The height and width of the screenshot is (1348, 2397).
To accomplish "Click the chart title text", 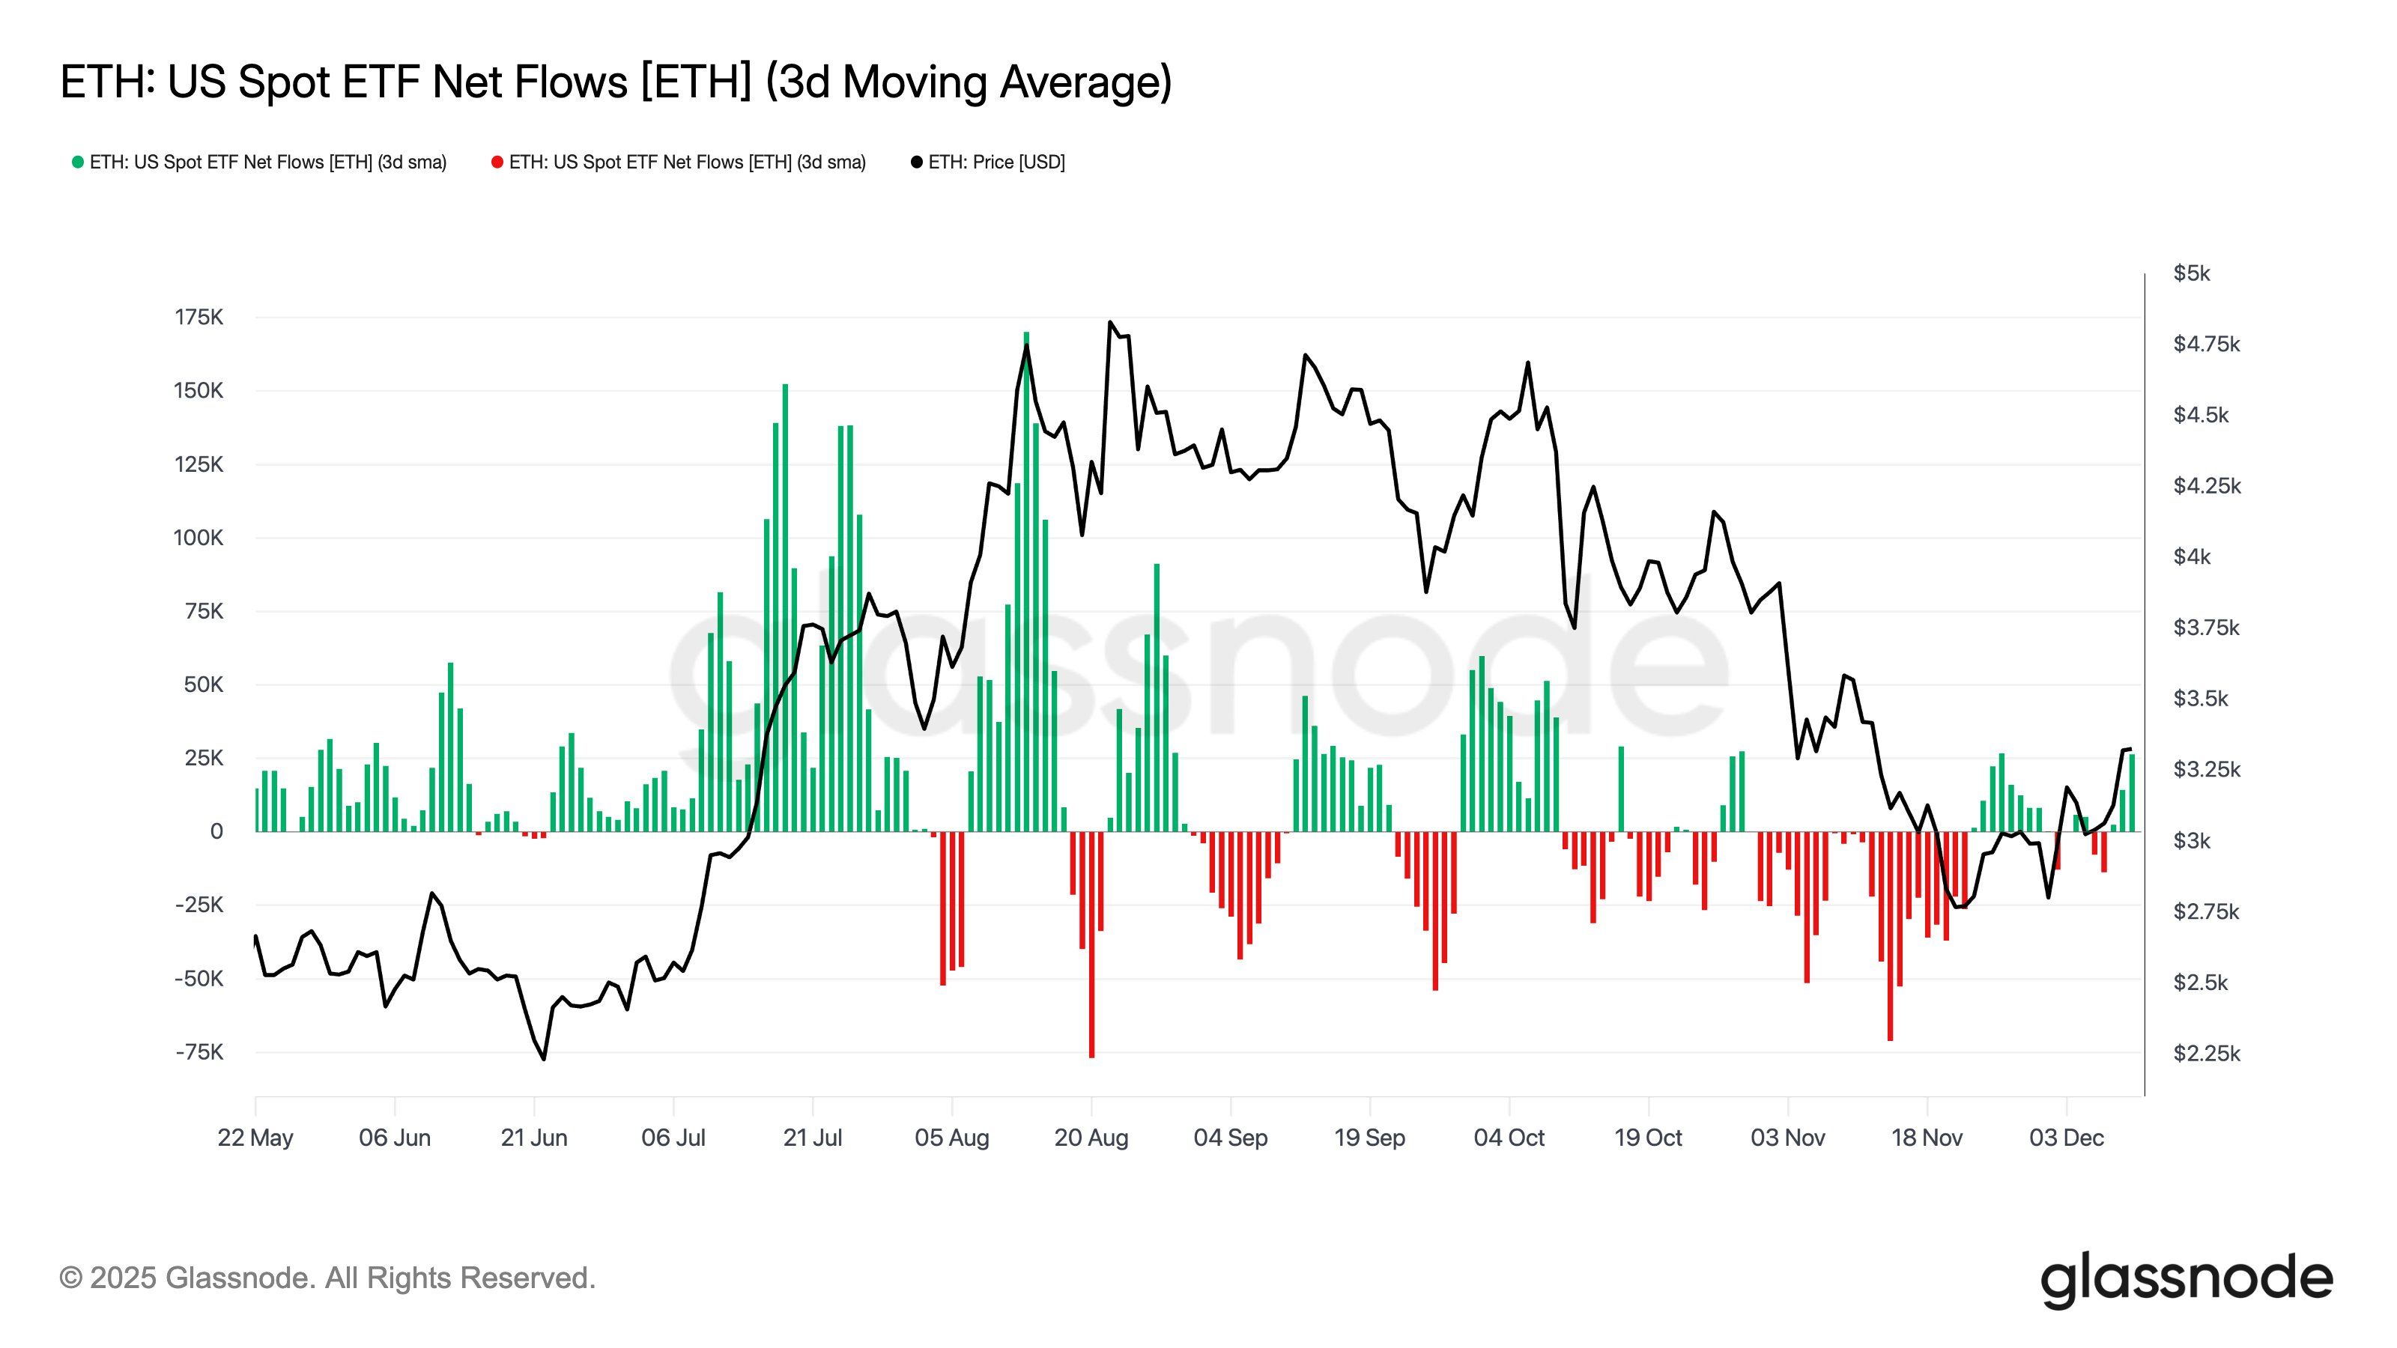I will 615,82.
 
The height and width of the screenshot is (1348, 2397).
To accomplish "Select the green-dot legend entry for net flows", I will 260,162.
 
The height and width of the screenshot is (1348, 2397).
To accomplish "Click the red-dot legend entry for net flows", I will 679,162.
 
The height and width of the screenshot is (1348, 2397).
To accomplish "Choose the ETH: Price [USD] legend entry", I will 987,162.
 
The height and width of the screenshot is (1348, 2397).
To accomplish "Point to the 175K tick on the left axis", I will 199,318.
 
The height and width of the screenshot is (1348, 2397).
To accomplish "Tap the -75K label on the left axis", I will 199,1052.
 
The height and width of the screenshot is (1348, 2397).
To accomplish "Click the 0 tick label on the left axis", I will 216,832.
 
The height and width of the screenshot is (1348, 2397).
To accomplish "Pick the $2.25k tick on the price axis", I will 2205,1054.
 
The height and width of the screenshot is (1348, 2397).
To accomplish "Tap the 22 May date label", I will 255,1138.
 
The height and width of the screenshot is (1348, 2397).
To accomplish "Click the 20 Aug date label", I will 1091,1138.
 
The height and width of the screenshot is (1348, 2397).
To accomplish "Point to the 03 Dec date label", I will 2066,1138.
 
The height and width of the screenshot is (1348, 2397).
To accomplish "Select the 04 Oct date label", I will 1509,1138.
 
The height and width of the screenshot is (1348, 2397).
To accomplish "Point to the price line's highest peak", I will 1110,323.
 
